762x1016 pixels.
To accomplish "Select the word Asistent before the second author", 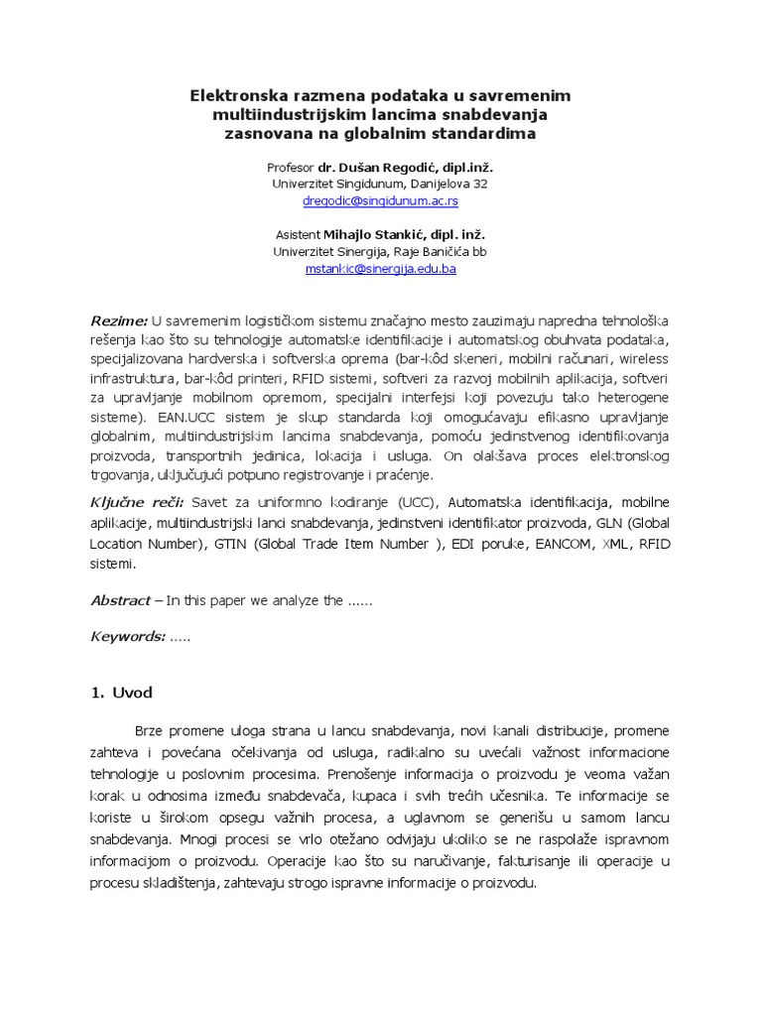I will tap(297, 234).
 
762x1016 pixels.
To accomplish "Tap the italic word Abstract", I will tap(119, 600).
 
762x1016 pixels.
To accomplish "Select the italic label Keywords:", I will tap(126, 637).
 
